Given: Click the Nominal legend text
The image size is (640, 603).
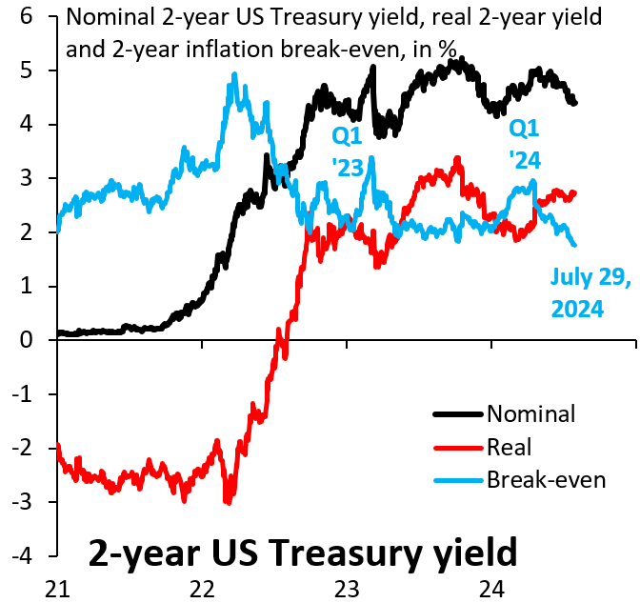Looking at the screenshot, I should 530,414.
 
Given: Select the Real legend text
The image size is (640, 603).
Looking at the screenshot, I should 509,447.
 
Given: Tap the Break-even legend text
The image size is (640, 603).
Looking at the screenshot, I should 546,479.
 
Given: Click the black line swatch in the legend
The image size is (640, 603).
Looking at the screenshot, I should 458,414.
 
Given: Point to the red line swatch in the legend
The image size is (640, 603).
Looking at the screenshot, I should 458,447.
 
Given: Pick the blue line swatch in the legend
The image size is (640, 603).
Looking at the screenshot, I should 458,479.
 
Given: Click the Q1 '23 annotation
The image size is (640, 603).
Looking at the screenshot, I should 347,151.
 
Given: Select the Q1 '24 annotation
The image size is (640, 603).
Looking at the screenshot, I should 525,142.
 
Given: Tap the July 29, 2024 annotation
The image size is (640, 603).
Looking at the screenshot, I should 590,291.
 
